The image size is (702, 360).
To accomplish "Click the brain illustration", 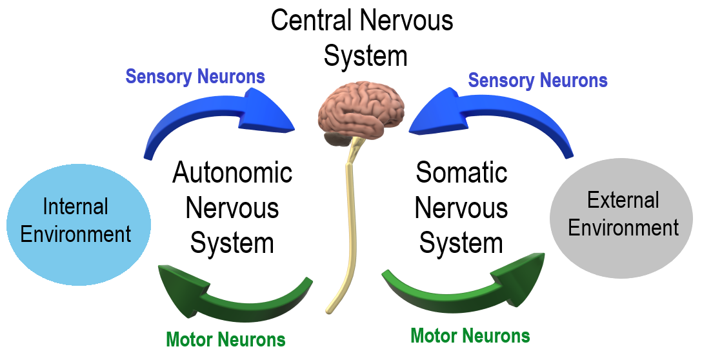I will pyautogui.click(x=361, y=110).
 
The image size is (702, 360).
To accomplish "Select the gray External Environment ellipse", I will pyautogui.click(x=622, y=219).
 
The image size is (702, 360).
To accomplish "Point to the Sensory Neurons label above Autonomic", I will pyautogui.click(x=195, y=76).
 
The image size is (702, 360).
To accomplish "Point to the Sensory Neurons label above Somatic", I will pyautogui.click(x=537, y=81).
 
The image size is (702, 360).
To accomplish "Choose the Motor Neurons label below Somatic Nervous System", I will pyautogui.click(x=470, y=335).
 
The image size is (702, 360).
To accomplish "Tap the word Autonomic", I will pyautogui.click(x=232, y=173).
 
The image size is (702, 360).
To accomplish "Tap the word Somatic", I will pyautogui.click(x=461, y=173).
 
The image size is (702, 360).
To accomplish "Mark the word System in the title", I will pyautogui.click(x=365, y=56).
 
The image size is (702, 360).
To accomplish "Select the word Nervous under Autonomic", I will pyautogui.click(x=232, y=208).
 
